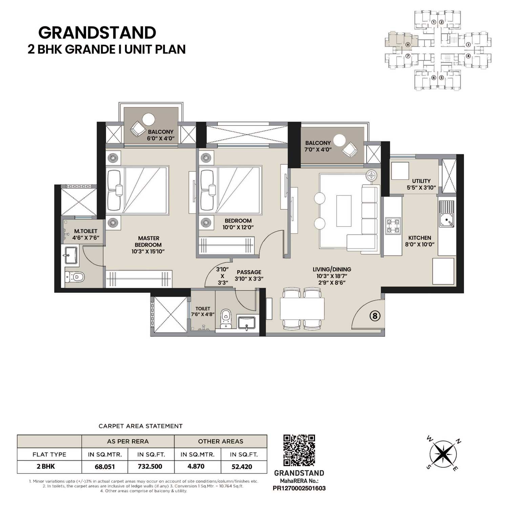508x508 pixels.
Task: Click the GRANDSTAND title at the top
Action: pyautogui.click(x=97, y=33)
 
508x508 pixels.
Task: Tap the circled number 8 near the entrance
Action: pyautogui.click(x=375, y=316)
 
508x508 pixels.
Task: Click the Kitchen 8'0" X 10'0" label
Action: pyautogui.click(x=420, y=241)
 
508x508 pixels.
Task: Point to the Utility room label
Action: pyautogui.click(x=421, y=184)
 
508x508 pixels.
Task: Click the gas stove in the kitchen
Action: pyautogui.click(x=393, y=226)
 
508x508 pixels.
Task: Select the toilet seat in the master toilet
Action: pyautogui.click(x=75, y=277)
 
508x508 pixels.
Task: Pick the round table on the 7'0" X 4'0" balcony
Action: pyautogui.click(x=339, y=140)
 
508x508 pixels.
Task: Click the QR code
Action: pyautogui.click(x=299, y=450)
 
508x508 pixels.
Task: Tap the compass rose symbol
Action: pyautogui.click(x=443, y=454)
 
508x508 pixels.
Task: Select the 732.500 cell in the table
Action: pyautogui.click(x=150, y=466)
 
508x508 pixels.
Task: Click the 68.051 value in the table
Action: pyautogui.click(x=105, y=466)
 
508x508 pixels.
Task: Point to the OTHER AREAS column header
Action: pyautogui.click(x=220, y=441)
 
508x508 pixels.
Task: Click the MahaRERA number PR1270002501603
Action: pyautogui.click(x=299, y=488)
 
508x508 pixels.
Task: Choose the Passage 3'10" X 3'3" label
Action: pyautogui.click(x=249, y=275)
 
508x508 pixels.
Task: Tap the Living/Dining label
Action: pyautogui.click(x=332, y=270)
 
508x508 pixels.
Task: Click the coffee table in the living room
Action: pyautogui.click(x=343, y=211)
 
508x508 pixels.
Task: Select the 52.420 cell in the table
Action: pyautogui.click(x=242, y=466)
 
